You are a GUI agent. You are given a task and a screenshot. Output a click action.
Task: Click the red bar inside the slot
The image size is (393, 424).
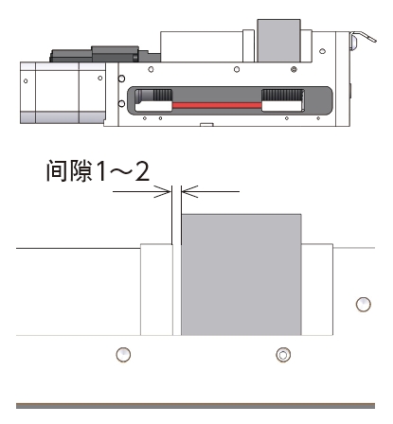tap(217, 105)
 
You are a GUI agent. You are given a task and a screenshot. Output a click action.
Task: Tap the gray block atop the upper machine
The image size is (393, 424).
tap(278, 41)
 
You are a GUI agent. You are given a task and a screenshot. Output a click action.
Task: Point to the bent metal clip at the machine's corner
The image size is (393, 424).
tap(363, 39)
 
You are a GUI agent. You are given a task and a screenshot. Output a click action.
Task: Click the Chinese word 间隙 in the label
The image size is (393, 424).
tap(70, 170)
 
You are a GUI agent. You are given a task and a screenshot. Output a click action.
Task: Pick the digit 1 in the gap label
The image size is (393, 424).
tap(101, 170)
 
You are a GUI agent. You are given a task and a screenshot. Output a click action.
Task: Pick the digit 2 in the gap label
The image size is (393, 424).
tap(142, 170)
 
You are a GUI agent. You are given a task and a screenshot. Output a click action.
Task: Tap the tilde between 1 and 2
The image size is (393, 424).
tap(120, 171)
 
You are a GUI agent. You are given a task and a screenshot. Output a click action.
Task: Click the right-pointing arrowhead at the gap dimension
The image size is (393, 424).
tap(163, 191)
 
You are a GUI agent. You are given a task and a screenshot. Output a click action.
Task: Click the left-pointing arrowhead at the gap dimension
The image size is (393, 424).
tap(189, 191)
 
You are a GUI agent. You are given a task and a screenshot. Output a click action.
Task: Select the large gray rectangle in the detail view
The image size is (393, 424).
tap(241, 274)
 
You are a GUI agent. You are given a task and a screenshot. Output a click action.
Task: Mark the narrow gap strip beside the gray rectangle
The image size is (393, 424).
tap(177, 290)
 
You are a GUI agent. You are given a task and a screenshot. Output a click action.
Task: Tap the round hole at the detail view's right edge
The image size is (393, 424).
tap(363, 305)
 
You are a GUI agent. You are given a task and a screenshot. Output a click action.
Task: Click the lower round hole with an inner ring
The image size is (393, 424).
tap(283, 355)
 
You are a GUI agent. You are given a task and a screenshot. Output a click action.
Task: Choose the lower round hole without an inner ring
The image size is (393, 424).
tap(123, 355)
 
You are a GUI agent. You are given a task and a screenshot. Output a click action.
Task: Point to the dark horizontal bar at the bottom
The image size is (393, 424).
tap(195, 406)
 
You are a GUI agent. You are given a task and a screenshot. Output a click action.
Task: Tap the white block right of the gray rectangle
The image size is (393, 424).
tap(317, 290)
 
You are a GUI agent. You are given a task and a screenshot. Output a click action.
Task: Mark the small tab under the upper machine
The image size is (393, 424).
tap(206, 125)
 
